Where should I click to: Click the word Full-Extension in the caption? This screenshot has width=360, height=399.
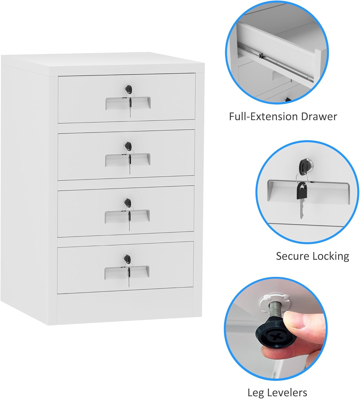point(263,117)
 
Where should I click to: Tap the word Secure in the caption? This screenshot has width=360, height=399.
point(293,256)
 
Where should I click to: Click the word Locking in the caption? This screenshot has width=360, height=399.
point(331,256)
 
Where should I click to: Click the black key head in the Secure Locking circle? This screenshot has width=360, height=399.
point(302,190)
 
